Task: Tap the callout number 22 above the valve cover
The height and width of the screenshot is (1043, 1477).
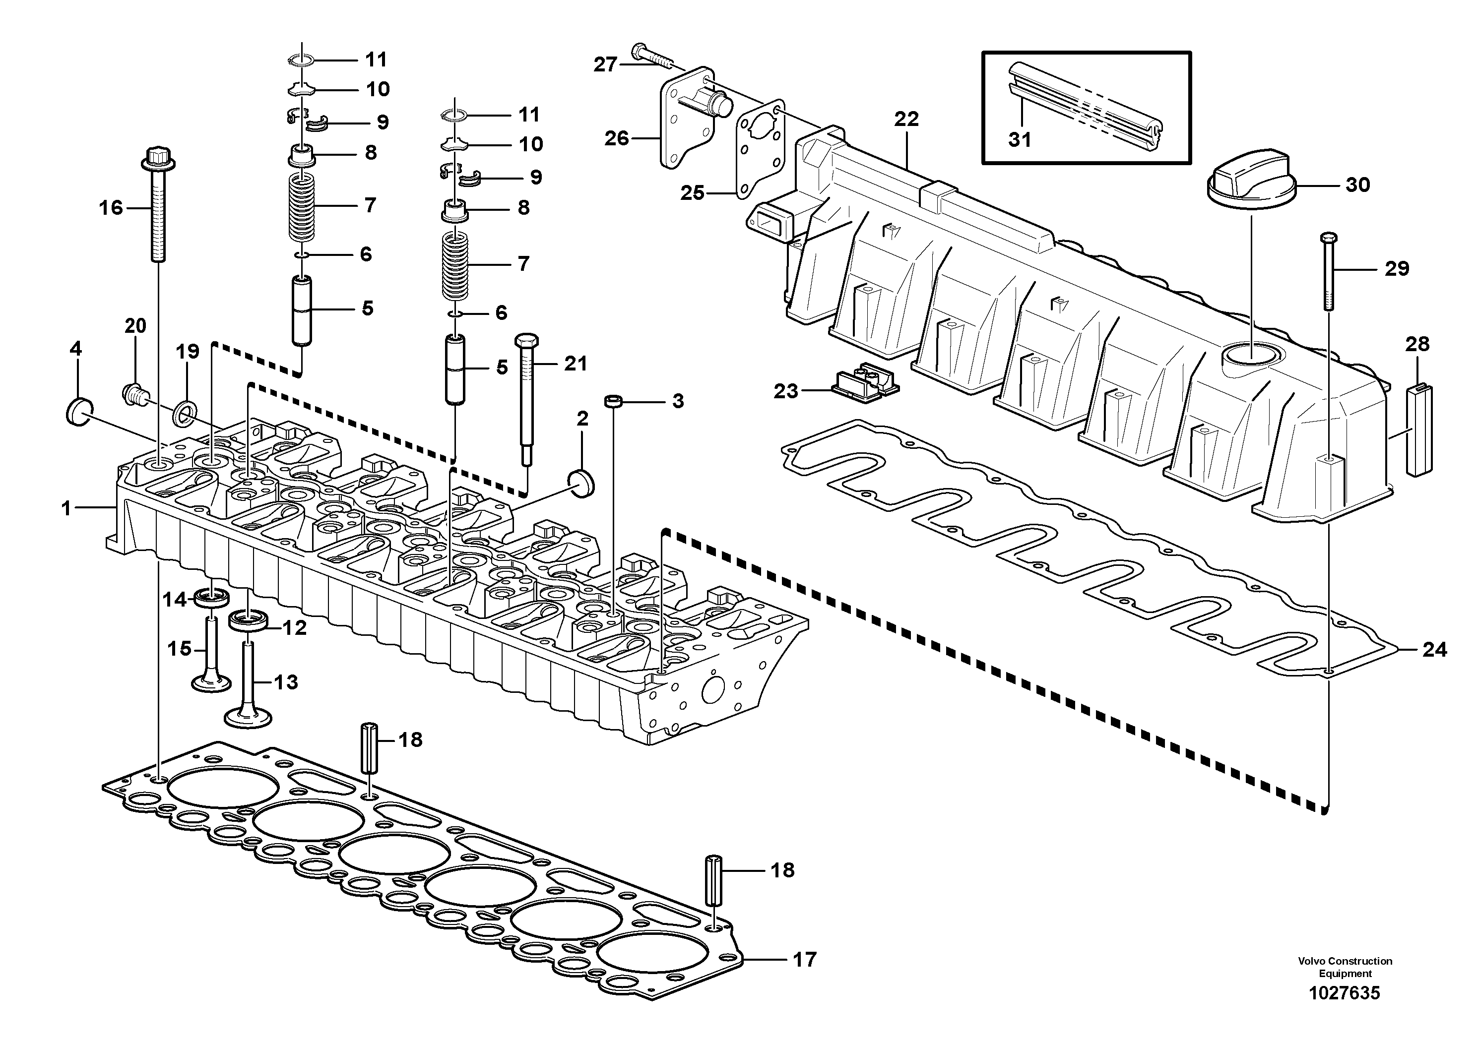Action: click(x=906, y=119)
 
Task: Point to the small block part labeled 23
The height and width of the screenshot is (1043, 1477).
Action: click(x=865, y=386)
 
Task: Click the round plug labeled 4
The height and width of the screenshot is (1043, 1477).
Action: click(x=80, y=412)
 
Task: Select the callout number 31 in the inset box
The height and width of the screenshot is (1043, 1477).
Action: click(x=1020, y=139)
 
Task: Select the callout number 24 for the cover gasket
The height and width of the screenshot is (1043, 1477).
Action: click(x=1434, y=650)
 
